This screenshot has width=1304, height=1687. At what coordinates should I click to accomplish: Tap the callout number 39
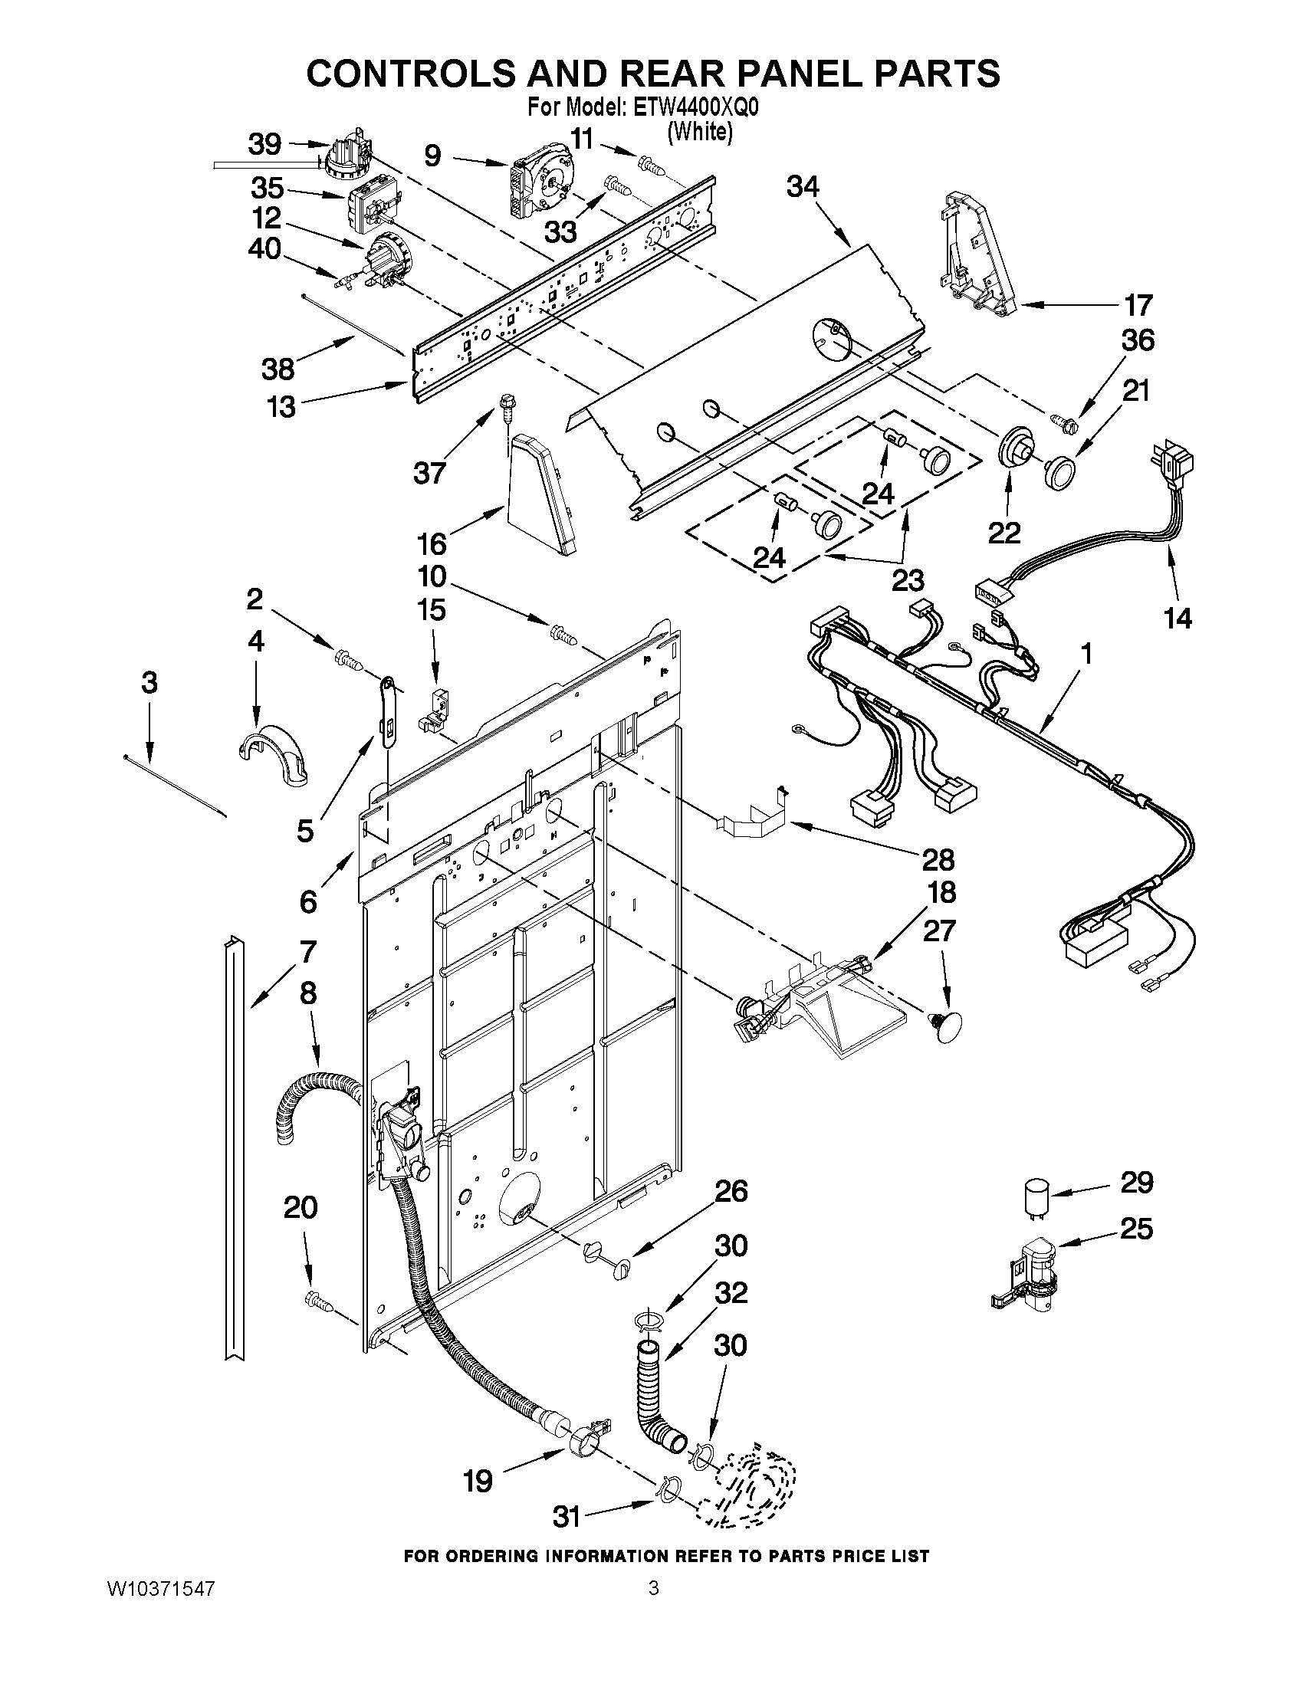pos(265,143)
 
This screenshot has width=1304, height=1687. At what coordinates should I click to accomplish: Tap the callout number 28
pos(937,859)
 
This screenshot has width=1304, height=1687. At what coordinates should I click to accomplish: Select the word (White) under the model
pos(699,132)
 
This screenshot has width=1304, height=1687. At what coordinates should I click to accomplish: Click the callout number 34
pos(803,186)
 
